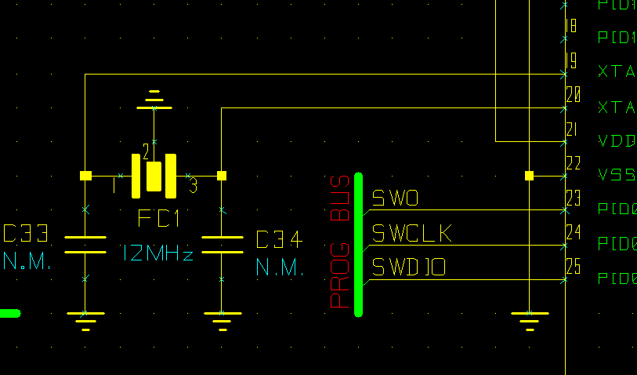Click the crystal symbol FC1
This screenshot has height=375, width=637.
click(154, 176)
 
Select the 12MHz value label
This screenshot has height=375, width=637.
click(157, 253)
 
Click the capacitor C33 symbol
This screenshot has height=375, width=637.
click(85, 244)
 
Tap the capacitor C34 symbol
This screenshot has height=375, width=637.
click(222, 244)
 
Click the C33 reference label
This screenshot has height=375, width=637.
click(27, 235)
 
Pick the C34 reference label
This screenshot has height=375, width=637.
click(279, 240)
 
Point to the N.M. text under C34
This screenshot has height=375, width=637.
click(279, 268)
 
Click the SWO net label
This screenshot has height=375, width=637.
click(395, 198)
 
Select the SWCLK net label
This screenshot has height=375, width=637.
click(411, 234)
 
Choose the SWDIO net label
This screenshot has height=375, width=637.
click(408, 268)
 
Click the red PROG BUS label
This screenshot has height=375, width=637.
click(339, 241)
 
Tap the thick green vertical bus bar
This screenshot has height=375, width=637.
click(358, 244)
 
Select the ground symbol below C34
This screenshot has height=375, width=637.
click(222, 319)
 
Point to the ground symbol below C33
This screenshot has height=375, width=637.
click(85, 319)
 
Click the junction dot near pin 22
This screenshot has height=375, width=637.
click(529, 176)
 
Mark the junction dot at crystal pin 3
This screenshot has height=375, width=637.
click(222, 176)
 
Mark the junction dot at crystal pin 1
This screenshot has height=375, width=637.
click(85, 176)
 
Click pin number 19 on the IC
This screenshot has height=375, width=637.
click(571, 60)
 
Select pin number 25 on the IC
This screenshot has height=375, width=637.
click(573, 267)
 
